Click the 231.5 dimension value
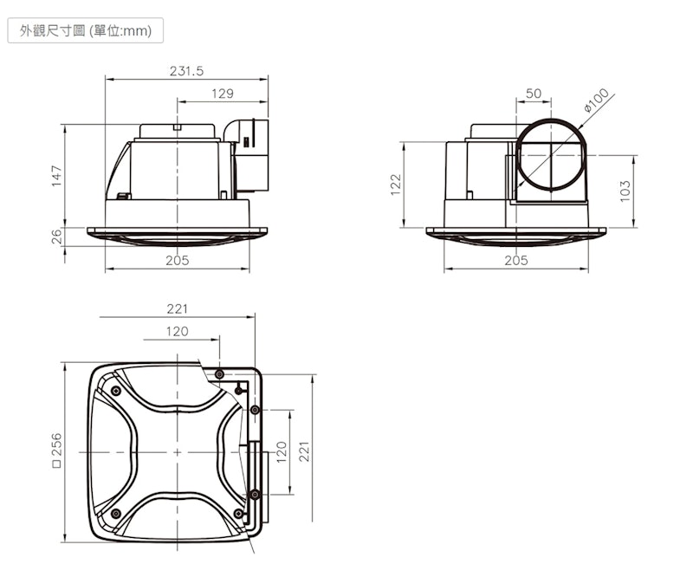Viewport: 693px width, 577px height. point(186,71)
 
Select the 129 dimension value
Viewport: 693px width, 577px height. point(223,94)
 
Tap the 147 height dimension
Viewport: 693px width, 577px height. point(56,176)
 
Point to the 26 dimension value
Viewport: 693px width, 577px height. point(56,237)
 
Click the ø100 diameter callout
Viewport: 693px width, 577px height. point(596,100)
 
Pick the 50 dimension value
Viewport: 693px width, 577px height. point(534,94)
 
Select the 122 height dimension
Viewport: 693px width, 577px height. point(396,184)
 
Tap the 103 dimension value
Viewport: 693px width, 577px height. point(625,191)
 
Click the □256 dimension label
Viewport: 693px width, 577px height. point(56,451)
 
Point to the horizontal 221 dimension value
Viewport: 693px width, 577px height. point(178,308)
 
